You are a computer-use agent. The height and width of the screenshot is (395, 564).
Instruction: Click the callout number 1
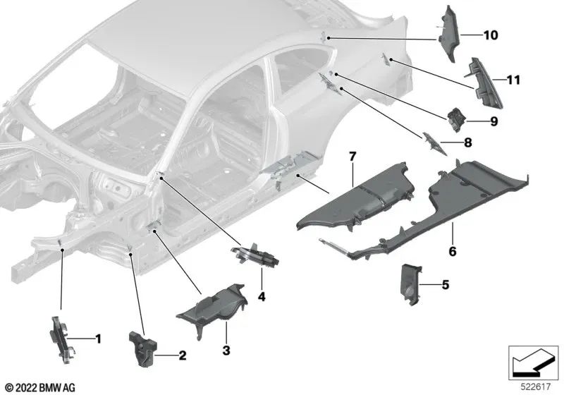pyautogui.click(x=98, y=339)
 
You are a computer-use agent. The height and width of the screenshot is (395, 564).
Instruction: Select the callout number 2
pyautogui.click(x=183, y=355)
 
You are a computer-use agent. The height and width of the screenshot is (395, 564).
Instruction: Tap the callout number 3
pyautogui.click(x=226, y=351)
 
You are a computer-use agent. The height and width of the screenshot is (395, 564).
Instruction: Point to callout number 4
pyautogui.click(x=262, y=297)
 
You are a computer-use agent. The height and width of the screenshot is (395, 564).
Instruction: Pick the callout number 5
pyautogui.click(x=446, y=285)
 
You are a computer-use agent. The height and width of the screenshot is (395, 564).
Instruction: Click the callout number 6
pyautogui.click(x=453, y=251)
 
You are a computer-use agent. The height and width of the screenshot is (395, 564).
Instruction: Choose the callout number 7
pyautogui.click(x=352, y=157)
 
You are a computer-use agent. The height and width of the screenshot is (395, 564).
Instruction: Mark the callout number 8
pyautogui.click(x=467, y=142)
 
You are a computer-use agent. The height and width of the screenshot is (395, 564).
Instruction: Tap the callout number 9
pyautogui.click(x=494, y=121)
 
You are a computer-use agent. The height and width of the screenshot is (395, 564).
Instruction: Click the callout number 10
pyautogui.click(x=491, y=35)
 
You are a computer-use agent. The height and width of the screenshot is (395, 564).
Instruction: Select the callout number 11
pyautogui.click(x=513, y=80)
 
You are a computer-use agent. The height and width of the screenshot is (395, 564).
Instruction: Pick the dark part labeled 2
pyautogui.click(x=143, y=349)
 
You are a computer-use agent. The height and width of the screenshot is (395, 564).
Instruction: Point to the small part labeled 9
pyautogui.click(x=455, y=119)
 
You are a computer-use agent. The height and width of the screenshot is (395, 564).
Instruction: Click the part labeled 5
pyautogui.click(x=411, y=284)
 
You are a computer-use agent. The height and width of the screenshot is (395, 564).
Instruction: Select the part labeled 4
pyautogui.click(x=255, y=255)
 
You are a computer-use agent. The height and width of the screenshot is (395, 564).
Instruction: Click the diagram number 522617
pyautogui.click(x=536, y=387)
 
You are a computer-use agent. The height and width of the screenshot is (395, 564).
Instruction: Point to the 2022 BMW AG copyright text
pyautogui.click(x=40, y=387)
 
